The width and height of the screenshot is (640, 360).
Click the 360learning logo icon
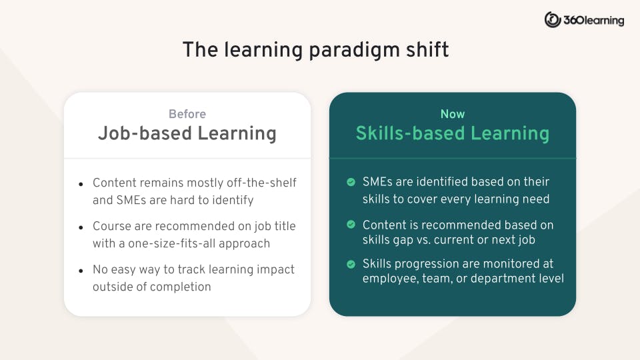(x=553, y=20)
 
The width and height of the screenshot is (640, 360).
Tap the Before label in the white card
(x=187, y=114)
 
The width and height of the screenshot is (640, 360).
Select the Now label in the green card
(x=453, y=114)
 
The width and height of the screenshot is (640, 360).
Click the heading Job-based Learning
(x=187, y=133)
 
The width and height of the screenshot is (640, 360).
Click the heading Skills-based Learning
(x=453, y=133)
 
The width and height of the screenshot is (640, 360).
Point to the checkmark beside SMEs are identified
(x=351, y=182)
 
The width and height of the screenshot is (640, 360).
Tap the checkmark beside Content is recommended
(x=351, y=225)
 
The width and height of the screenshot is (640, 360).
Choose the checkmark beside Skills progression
(x=351, y=265)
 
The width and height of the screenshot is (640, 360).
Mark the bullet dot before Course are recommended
(x=81, y=227)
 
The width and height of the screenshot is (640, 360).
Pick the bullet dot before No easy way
(x=81, y=271)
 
